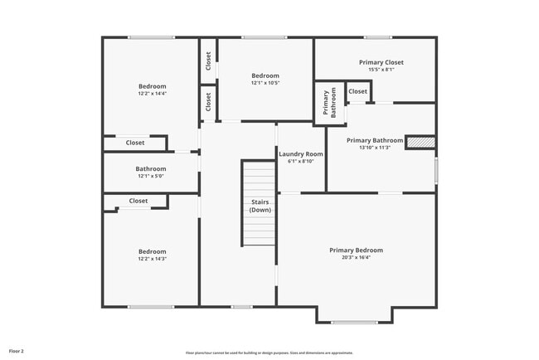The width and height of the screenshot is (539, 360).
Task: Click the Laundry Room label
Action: click(x=301, y=154)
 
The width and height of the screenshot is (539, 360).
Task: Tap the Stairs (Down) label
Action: click(x=260, y=206)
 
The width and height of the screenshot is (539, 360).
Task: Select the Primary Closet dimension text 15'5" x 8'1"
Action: click(x=381, y=71)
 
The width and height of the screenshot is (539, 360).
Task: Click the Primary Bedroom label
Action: click(x=356, y=250)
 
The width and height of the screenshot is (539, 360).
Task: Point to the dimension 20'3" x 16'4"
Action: click(x=356, y=258)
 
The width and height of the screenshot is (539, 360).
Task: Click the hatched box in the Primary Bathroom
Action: click(x=420, y=142)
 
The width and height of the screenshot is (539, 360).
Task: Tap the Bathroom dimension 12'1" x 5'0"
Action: click(x=151, y=177)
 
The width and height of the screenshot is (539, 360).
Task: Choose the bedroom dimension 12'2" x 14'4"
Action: click(x=152, y=95)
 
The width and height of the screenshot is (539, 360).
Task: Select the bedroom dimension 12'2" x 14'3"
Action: click(x=152, y=260)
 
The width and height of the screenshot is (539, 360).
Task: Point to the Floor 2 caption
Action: click(x=17, y=352)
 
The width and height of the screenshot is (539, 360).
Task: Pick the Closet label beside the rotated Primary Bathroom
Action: click(x=358, y=91)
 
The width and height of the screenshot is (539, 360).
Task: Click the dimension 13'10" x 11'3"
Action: click(x=375, y=148)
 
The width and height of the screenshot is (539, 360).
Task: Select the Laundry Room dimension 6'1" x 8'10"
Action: click(x=301, y=162)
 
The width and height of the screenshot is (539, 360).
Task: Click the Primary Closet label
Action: click(x=381, y=62)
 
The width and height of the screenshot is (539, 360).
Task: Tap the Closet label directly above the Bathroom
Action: click(x=135, y=143)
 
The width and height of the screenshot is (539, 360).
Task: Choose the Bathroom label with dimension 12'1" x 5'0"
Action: click(x=151, y=169)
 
